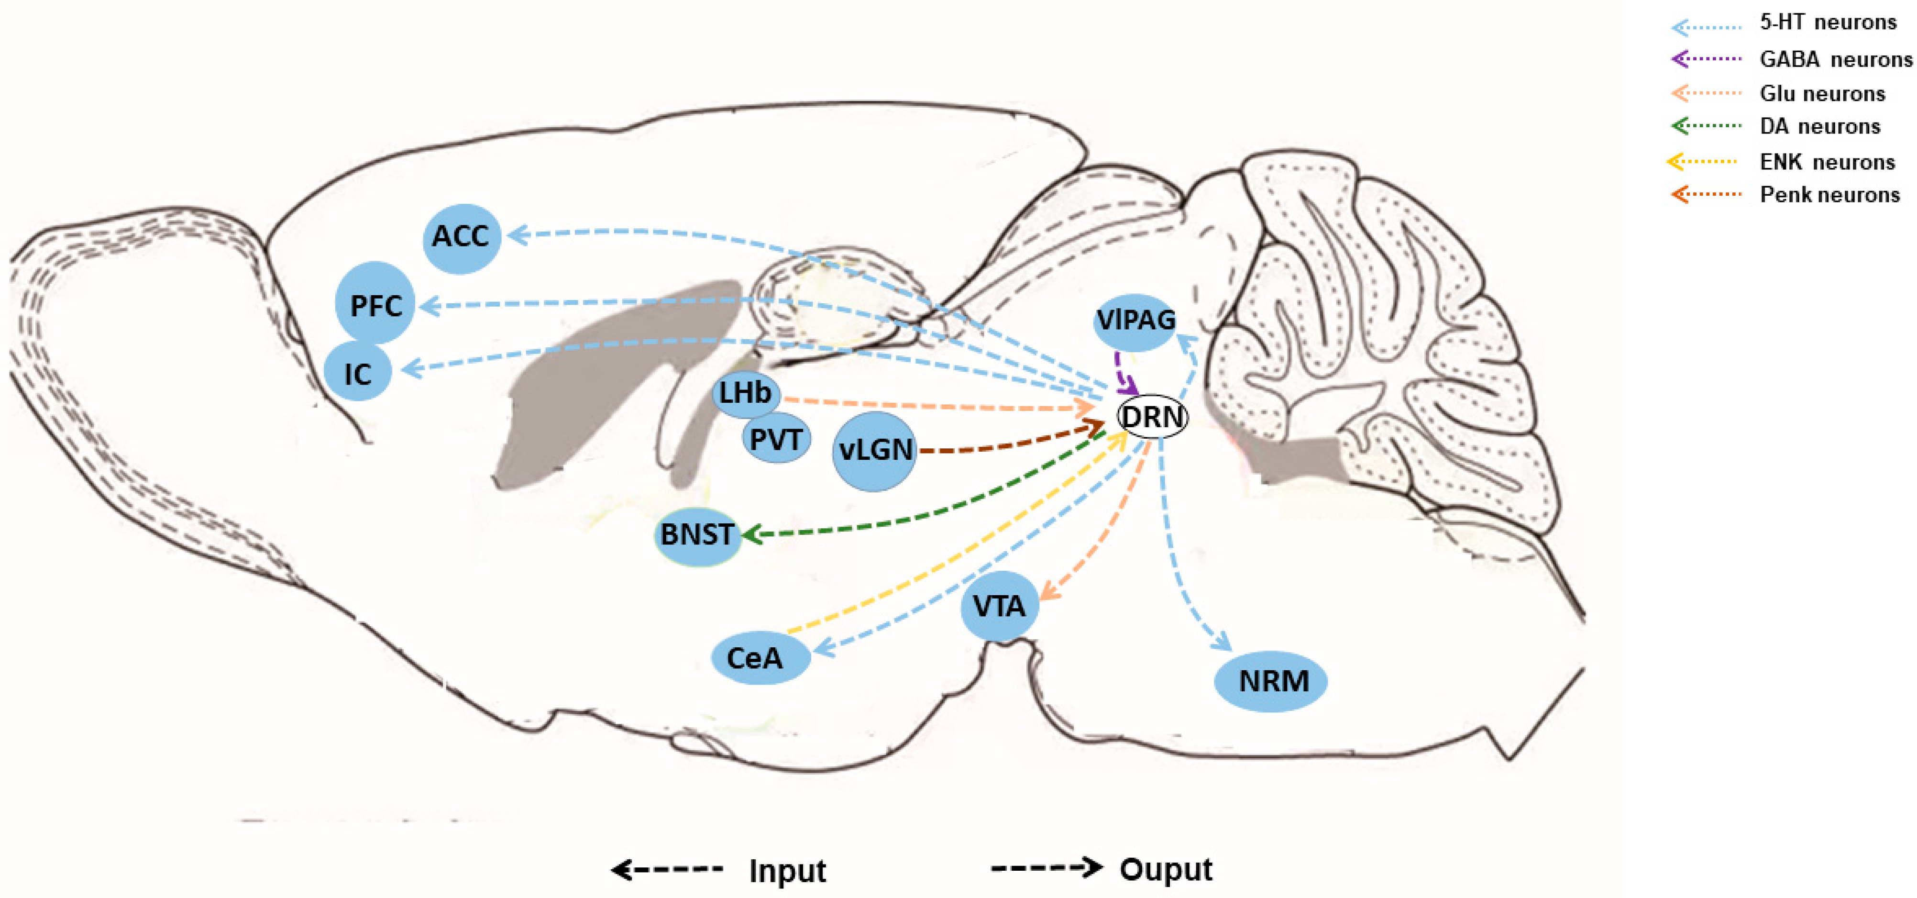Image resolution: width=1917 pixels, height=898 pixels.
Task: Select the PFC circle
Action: tap(375, 304)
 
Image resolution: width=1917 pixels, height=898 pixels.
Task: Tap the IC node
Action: tap(358, 372)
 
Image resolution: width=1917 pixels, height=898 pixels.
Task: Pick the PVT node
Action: tap(775, 439)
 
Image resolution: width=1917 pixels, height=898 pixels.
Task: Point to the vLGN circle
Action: tap(874, 451)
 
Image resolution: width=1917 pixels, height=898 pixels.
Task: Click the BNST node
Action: tap(697, 534)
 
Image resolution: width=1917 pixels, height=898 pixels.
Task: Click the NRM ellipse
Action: tap(1271, 681)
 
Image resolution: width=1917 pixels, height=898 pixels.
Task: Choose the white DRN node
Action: tap(1152, 416)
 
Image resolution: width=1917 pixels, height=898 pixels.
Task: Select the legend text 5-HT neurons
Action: tap(1827, 22)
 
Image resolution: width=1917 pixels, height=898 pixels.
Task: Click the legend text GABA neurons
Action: tap(1835, 59)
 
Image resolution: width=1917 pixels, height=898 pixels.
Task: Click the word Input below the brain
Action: tap(787, 870)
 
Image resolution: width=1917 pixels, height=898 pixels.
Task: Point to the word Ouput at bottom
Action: tap(1166, 869)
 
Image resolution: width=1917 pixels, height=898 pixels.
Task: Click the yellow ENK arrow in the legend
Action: tap(1702, 161)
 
